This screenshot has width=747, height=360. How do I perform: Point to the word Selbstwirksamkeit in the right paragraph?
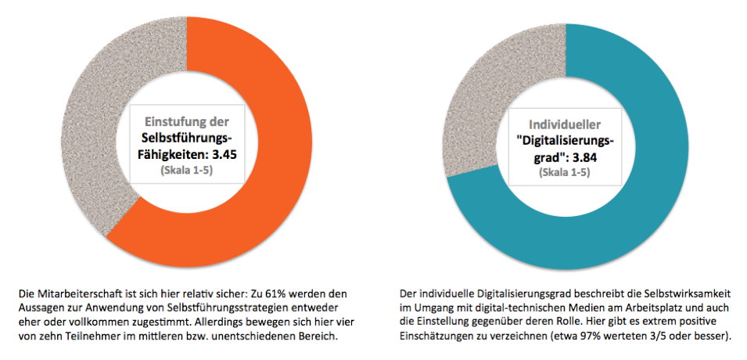tap(676, 293)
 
